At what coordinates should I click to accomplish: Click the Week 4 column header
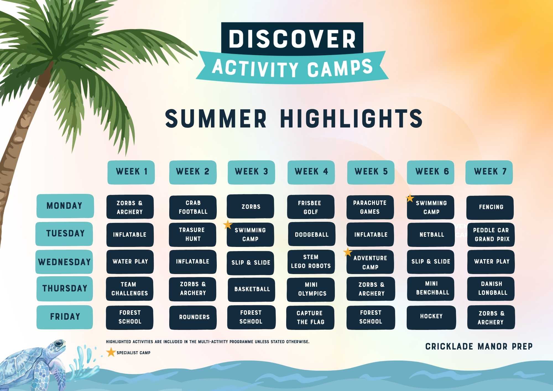(311, 172)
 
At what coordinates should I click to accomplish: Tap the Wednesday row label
(64, 262)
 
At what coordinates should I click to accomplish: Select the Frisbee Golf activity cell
(311, 207)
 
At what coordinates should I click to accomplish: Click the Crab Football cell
(193, 207)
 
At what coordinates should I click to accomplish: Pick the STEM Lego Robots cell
(311, 262)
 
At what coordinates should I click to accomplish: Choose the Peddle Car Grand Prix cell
(491, 234)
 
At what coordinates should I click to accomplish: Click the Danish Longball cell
(491, 289)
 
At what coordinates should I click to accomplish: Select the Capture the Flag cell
(310, 317)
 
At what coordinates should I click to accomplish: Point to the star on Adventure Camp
(348, 252)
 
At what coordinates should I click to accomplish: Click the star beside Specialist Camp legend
(111, 352)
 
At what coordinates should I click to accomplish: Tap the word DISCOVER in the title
(292, 39)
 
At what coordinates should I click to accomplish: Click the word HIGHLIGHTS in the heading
(351, 118)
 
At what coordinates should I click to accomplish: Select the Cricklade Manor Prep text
(479, 346)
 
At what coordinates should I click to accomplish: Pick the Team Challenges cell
(130, 289)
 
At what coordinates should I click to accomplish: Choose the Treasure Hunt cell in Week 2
(192, 234)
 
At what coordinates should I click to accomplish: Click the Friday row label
(65, 317)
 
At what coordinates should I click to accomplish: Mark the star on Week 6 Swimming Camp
(410, 198)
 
